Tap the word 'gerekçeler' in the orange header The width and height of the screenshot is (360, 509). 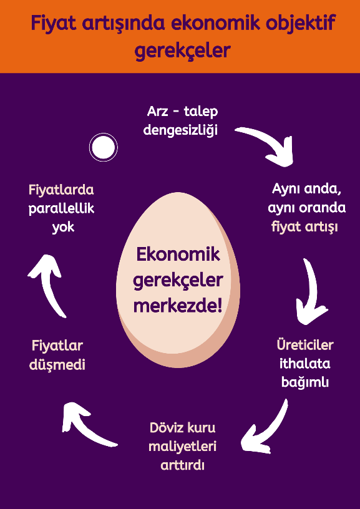(182, 51)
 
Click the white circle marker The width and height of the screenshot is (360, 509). (104, 147)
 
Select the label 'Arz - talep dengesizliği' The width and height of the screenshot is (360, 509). (181, 121)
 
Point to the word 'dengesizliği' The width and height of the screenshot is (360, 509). (181, 130)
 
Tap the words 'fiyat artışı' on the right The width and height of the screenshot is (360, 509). (304, 226)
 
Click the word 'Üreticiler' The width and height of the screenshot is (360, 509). (305, 345)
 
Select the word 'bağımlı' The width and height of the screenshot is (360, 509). (305, 382)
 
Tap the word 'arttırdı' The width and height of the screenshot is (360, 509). (183, 465)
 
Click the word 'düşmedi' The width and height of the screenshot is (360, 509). (57, 365)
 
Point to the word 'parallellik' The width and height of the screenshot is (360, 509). (61, 209)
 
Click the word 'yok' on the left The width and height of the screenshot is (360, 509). (63, 228)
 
